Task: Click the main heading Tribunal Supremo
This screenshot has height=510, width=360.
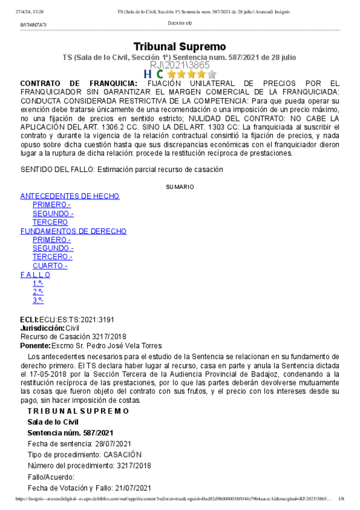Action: [179, 46]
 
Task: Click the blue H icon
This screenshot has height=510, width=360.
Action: [147, 74]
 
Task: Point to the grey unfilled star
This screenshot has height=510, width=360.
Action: [212, 74]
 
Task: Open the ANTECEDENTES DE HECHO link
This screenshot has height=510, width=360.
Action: [70, 196]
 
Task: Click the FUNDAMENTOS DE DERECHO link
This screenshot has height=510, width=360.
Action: [73, 231]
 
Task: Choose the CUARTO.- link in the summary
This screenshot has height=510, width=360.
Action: [50, 266]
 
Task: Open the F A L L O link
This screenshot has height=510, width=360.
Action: [35, 274]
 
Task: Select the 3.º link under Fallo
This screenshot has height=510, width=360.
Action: [38, 300]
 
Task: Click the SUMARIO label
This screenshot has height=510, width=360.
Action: [180, 187]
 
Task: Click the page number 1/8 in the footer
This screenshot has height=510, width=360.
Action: [341, 499]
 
